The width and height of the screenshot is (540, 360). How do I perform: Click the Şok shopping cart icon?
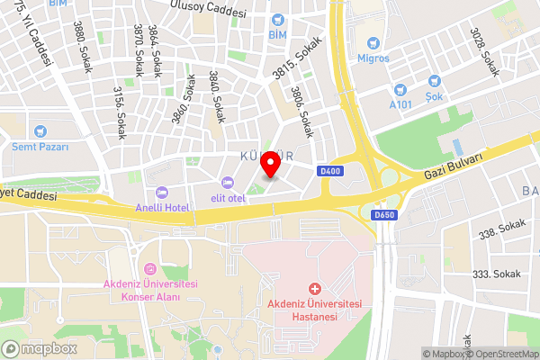point(435,81)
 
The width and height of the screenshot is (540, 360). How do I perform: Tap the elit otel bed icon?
point(227,184)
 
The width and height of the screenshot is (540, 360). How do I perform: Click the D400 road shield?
point(330,170)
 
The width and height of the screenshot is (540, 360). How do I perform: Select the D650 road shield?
point(383,215)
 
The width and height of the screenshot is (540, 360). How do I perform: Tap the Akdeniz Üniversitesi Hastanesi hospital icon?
point(314,289)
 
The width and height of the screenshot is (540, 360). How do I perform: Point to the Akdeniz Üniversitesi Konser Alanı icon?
point(150,268)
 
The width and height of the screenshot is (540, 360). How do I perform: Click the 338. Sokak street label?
point(502,230)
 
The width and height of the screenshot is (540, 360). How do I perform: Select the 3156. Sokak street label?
point(119,112)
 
